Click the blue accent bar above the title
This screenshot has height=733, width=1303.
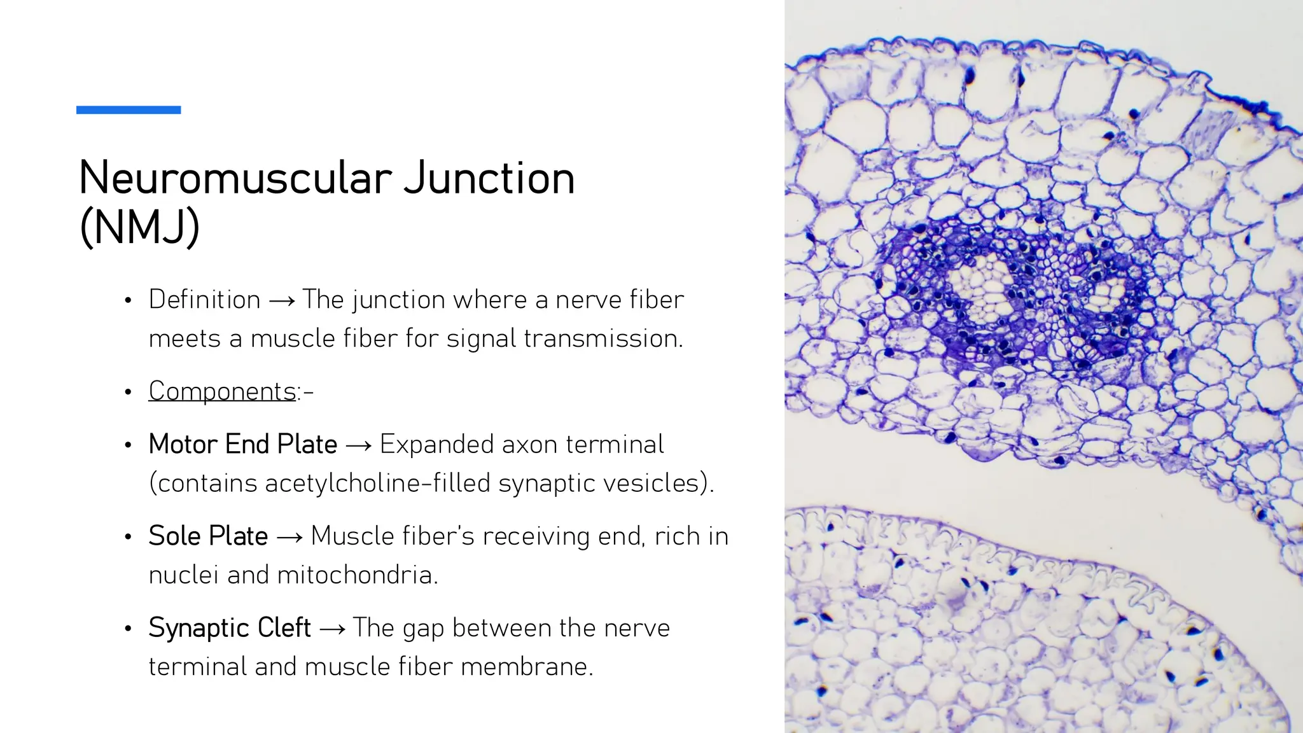click(129, 110)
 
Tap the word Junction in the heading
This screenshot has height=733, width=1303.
click(489, 178)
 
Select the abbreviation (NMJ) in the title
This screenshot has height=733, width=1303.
click(139, 227)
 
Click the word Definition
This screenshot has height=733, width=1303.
click(204, 300)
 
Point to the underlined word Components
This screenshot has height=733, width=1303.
click(222, 391)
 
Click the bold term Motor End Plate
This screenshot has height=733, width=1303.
click(242, 444)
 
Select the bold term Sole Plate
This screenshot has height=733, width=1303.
click(208, 536)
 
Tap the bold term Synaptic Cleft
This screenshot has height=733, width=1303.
click(229, 627)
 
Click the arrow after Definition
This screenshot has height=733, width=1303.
click(281, 301)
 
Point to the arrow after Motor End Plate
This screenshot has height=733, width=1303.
click(358, 446)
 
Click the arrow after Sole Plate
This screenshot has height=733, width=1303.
click(289, 538)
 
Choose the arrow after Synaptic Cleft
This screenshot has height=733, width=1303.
click(331, 629)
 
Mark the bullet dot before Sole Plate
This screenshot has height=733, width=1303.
click(129, 537)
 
